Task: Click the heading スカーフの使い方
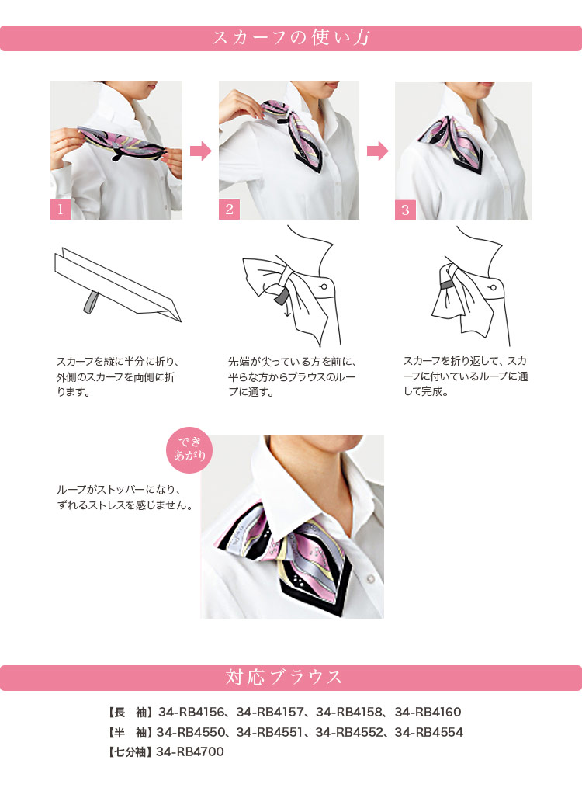click(291, 38)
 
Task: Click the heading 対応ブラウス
click(284, 677)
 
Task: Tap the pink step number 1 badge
click(61, 210)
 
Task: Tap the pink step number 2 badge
click(229, 210)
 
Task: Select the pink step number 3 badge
click(405, 210)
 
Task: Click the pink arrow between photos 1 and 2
click(201, 151)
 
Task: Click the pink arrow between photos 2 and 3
click(377, 151)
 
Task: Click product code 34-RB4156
click(191, 712)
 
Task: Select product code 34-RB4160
click(428, 712)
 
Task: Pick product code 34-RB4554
click(428, 732)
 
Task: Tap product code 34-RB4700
click(190, 751)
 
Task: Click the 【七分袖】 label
click(130, 752)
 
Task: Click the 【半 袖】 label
click(130, 733)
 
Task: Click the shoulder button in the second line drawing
click(324, 287)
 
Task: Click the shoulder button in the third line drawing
click(493, 288)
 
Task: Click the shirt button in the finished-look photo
click(371, 578)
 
